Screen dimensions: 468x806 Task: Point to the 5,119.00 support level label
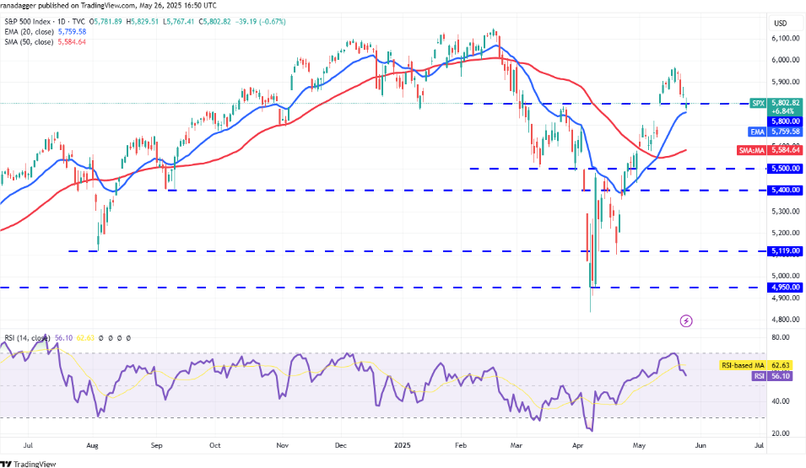click(x=783, y=250)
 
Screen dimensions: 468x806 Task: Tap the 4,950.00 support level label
click(x=783, y=288)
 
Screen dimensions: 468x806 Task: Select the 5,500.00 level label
click(x=783, y=169)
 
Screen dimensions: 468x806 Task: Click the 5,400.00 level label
click(x=783, y=191)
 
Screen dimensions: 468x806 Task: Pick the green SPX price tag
click(x=759, y=103)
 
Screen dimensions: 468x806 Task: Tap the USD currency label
click(x=782, y=22)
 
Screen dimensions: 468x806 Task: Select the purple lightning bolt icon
click(x=686, y=321)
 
